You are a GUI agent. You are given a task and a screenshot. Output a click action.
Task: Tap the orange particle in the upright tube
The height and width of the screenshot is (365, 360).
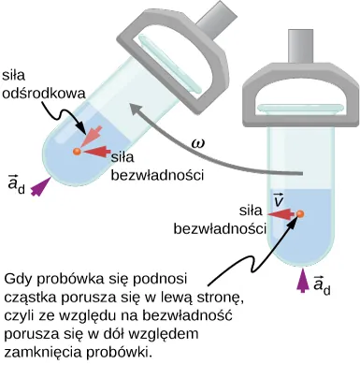point(300,216)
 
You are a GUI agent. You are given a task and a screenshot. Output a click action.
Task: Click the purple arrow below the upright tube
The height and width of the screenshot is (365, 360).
point(301,280)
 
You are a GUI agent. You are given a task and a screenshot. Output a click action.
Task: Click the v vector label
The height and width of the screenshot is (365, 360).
point(279,200)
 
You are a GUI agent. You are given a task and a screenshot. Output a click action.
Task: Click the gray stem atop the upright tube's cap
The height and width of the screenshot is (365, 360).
point(301,43)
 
